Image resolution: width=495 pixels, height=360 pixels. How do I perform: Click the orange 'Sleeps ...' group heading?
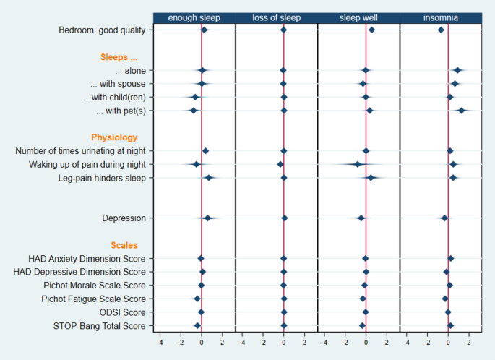point(119,56)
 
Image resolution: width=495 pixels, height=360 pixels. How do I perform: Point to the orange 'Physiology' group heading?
point(114,137)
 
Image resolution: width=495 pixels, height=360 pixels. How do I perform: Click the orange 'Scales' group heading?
point(124,245)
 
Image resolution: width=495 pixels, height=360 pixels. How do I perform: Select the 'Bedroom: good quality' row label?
point(103,30)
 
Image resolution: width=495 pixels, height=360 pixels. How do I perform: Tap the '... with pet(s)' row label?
point(121,111)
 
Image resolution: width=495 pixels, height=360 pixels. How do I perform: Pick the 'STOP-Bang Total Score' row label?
point(99,326)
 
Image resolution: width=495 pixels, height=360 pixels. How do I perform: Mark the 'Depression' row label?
point(124,218)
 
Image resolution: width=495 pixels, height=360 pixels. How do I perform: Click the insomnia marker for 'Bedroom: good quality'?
point(441,30)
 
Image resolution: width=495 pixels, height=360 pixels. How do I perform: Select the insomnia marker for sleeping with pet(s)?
point(461,111)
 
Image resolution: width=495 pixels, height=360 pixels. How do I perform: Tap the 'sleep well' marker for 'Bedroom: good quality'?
point(371,30)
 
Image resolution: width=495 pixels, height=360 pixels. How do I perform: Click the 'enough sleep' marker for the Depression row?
point(207,218)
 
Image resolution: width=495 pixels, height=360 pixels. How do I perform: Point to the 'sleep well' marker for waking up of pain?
point(358,164)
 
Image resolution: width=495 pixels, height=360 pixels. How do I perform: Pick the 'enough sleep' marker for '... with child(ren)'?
point(195,97)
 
